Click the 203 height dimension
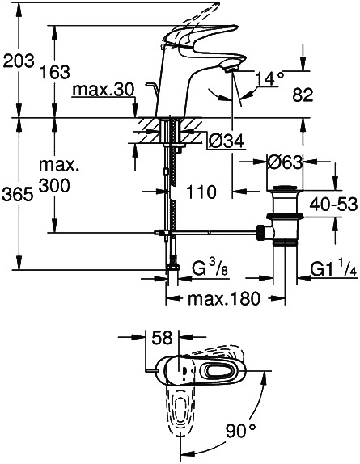[19, 61]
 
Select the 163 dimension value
[55, 72]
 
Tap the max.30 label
[104, 90]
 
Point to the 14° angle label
[269, 78]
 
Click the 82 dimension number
[303, 95]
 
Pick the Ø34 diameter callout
[227, 141]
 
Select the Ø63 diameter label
[285, 162]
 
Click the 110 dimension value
[201, 192]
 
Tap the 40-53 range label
[333, 205]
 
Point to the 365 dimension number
[18, 195]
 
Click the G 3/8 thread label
[210, 268]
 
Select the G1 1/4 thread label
[333, 268]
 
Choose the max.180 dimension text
[224, 299]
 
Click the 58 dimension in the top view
[162, 338]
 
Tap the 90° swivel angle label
[241, 431]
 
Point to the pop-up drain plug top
[285, 188]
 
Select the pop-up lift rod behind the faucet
[152, 89]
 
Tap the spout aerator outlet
[231, 70]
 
